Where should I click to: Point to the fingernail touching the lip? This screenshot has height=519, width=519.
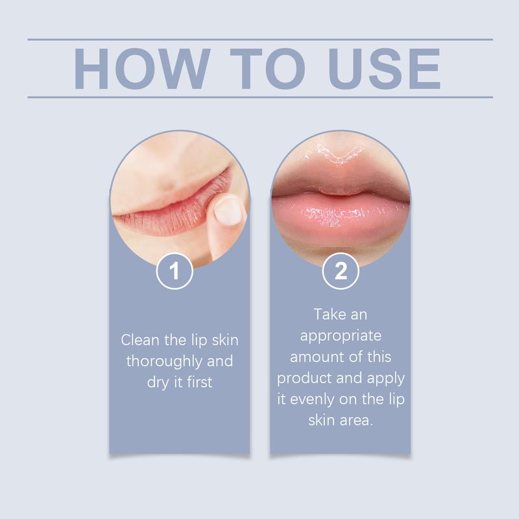click(226, 211)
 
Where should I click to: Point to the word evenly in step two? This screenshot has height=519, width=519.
click(312, 399)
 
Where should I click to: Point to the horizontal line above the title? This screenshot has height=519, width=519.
click(259, 40)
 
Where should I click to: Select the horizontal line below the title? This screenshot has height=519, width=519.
click(259, 97)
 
